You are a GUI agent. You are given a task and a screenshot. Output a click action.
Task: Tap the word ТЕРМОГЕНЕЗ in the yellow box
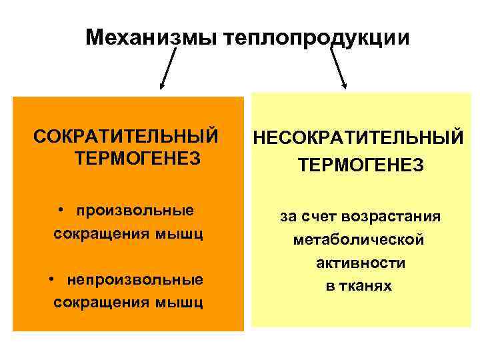tap(361, 165)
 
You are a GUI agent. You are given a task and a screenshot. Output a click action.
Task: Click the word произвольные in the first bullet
tap(135, 211)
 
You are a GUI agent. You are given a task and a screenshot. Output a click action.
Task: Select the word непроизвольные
tap(135, 278)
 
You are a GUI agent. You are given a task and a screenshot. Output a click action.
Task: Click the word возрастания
tap(391, 216)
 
